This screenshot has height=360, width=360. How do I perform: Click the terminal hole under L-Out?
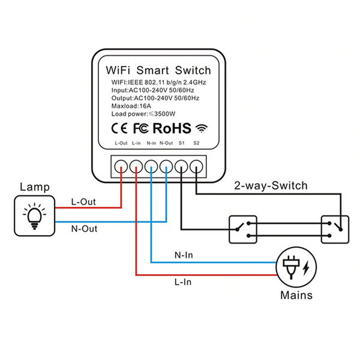pyautogui.click(x=121, y=166)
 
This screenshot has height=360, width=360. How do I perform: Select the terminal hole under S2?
pyautogui.click(x=196, y=166)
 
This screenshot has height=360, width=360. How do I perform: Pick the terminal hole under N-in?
pyautogui.click(x=151, y=166)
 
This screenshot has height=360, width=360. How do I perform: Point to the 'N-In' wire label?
pyautogui.click(x=184, y=255)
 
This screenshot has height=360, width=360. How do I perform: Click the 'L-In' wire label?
pyautogui.click(x=184, y=281)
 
